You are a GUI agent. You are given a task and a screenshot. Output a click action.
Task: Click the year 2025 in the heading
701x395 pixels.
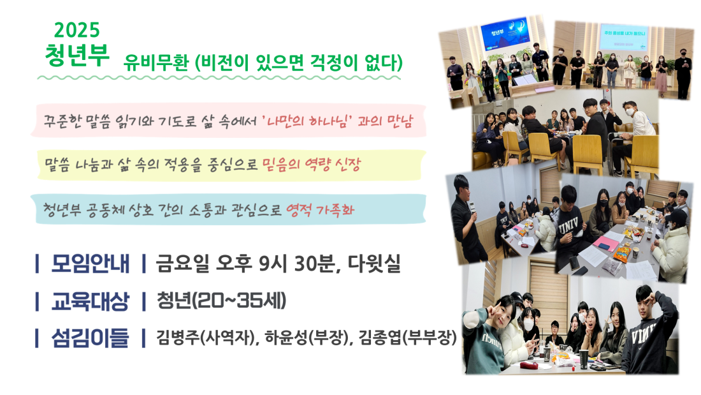(x=77, y=31)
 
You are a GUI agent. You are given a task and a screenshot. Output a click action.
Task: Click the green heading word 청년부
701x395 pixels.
(x=77, y=56)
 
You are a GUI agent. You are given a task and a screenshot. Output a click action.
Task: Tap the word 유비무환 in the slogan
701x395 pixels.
(x=156, y=63)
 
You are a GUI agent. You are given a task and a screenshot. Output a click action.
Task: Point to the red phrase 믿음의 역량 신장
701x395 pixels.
(x=311, y=165)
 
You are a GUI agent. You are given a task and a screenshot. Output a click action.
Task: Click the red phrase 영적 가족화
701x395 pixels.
(x=320, y=209)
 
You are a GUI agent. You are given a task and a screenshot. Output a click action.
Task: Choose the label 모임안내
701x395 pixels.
(x=90, y=264)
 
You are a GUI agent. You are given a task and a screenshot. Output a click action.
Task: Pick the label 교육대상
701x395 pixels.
(x=90, y=301)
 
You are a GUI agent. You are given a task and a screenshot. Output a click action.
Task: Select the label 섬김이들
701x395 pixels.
(x=90, y=338)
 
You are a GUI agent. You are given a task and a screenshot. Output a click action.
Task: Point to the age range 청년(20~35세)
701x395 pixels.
(x=221, y=301)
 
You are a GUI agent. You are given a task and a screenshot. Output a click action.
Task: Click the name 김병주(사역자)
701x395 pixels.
(x=207, y=337)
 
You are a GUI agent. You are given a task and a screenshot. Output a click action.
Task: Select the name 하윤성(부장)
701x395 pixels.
(x=307, y=337)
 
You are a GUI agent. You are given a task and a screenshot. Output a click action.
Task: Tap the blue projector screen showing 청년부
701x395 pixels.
(x=505, y=34)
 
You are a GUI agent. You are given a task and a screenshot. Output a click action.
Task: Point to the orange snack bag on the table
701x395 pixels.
(x=622, y=253)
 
